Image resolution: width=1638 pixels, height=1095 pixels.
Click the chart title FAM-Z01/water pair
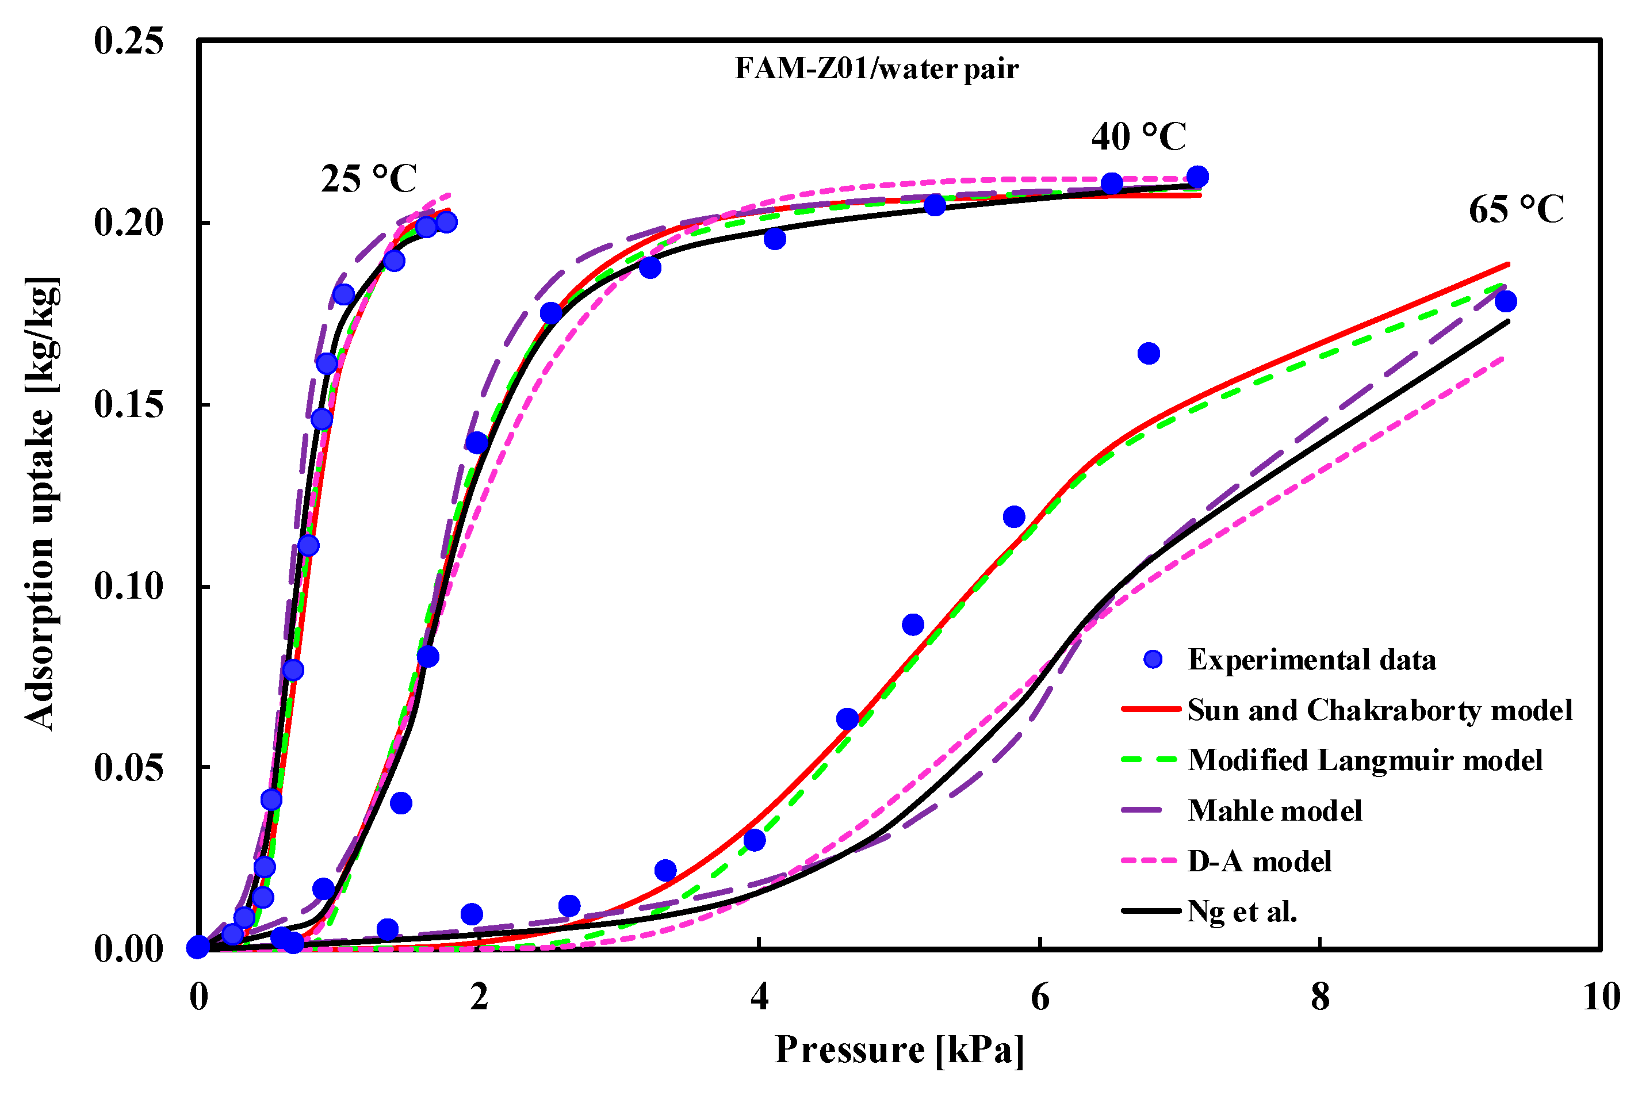coord(877,68)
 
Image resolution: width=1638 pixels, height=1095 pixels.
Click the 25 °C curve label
coord(369,179)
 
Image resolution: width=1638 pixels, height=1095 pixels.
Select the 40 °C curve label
coord(1138,136)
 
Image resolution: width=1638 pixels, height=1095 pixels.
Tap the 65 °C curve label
coord(1516,209)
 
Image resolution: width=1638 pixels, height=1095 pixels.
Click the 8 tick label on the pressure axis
coord(1319,997)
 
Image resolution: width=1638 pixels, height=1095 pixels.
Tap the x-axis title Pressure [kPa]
coord(900,1050)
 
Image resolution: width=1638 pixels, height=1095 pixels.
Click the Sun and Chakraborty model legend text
coord(1380,710)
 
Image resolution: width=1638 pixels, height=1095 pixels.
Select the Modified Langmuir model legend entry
coord(1365,760)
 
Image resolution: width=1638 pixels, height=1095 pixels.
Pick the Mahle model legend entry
coord(1275,811)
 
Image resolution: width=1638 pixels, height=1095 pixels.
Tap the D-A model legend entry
coord(1259,861)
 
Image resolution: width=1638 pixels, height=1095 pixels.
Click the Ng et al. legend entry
coord(1242,912)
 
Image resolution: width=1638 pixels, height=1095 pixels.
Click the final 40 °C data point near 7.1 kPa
coord(1197,177)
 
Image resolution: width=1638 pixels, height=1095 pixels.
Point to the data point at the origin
coord(198,947)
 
